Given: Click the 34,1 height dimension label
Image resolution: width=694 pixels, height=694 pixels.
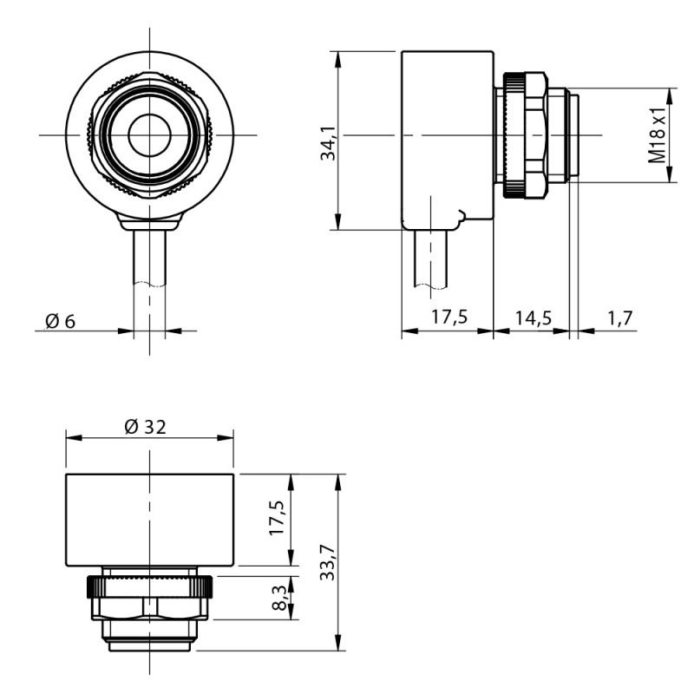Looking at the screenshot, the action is click(329, 143).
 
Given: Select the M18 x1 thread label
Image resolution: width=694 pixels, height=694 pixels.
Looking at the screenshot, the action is click(657, 134).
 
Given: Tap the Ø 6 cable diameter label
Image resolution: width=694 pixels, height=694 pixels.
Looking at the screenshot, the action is click(61, 321).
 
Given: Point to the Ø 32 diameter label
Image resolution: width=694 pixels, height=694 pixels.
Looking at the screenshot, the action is click(145, 427).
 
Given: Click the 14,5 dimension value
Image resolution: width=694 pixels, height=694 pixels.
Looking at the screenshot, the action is click(534, 318).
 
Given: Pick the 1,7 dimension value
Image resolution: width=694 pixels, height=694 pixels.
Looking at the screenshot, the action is click(620, 318).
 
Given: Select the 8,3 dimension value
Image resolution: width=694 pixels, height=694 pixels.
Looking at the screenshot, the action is click(280, 598).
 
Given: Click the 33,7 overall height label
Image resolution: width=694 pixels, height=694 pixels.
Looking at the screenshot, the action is click(329, 563).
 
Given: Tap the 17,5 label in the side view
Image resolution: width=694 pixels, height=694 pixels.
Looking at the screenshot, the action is click(449, 317).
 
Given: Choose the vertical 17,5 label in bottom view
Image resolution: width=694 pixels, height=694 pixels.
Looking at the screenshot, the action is click(278, 518).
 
